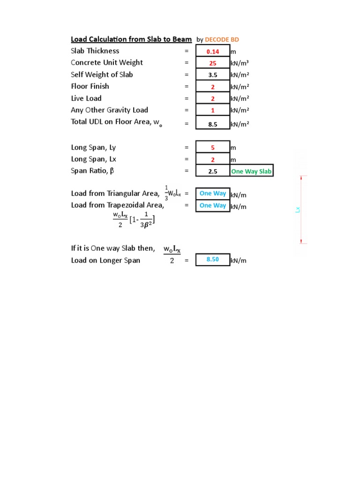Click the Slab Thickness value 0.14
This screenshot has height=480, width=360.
point(213,52)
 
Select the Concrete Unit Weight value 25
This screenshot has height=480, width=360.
point(213,63)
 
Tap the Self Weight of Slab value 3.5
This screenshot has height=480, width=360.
point(213,75)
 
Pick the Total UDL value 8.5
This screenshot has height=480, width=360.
point(213,125)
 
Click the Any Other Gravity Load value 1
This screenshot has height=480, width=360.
point(213,111)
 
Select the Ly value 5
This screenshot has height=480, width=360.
point(213,148)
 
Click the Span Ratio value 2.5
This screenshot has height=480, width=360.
point(213,172)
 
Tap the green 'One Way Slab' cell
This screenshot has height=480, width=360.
point(251,172)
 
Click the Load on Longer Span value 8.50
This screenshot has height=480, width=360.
point(213,260)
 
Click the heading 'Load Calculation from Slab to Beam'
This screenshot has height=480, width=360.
point(131,39)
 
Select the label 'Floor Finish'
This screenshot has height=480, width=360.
point(90,86)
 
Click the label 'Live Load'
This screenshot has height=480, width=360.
point(86,98)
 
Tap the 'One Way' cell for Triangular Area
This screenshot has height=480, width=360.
point(213,194)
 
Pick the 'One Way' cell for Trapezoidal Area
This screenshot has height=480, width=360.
point(213,205)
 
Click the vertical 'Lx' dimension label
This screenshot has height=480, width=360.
point(298,210)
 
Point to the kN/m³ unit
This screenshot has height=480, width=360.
point(239,63)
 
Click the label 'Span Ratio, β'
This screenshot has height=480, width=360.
point(92,171)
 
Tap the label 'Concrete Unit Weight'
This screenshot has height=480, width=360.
point(107,63)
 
